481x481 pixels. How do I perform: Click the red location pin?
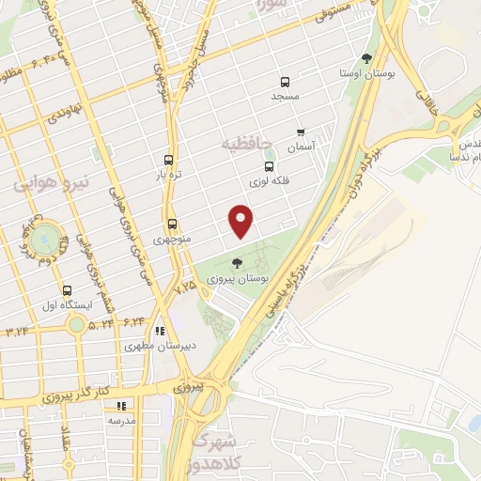242,221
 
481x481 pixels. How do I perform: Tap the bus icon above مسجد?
286,82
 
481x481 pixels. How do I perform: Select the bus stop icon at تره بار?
168,160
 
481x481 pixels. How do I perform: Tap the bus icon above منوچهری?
172,224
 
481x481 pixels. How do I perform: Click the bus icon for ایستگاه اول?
66,291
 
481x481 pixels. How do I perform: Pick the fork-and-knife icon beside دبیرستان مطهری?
160,331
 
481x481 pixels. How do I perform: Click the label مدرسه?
121,420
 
